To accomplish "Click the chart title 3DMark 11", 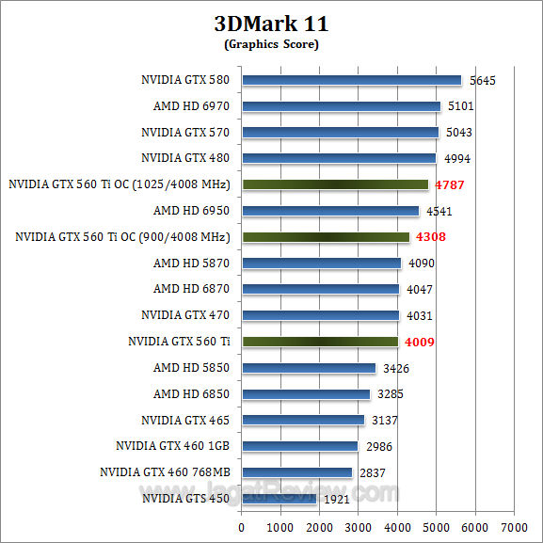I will point(271,24).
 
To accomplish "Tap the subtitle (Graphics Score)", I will point(271,44).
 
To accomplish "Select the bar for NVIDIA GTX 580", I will point(351,80).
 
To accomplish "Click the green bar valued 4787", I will point(334,184).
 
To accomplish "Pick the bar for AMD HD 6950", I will point(329,211).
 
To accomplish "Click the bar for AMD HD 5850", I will point(308,368).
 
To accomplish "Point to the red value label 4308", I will point(430,237).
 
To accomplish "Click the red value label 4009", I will point(419,342).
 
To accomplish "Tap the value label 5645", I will point(482,81).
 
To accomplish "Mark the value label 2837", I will point(373,472).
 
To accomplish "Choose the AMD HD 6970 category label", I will point(191,106).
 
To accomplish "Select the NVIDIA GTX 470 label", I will point(185,315).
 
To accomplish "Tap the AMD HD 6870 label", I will point(191,289).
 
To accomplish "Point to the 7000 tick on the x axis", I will point(514,527).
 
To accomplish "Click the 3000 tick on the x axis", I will point(358,527).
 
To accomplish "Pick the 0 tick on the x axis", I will point(241,527).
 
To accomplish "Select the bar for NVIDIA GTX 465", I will point(302,420).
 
